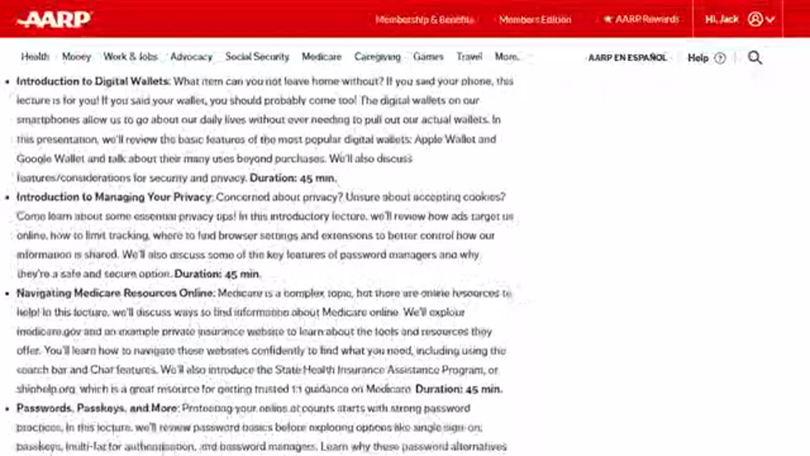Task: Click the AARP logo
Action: (x=54, y=19)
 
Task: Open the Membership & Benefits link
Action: (x=424, y=20)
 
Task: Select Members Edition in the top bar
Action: (x=535, y=20)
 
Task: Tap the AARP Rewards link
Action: (x=641, y=20)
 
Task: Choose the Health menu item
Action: (x=35, y=56)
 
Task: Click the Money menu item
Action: (x=77, y=56)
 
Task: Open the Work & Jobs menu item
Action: (x=130, y=56)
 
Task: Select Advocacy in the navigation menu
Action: (x=191, y=56)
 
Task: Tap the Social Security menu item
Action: (x=257, y=56)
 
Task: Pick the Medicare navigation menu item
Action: (x=321, y=56)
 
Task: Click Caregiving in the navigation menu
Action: (x=377, y=56)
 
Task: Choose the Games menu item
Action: (x=428, y=56)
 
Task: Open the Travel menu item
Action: (x=470, y=56)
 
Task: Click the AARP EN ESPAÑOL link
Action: (x=627, y=58)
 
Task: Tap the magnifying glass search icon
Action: (x=755, y=58)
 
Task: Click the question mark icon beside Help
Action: (x=720, y=58)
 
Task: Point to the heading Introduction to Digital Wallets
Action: (x=92, y=81)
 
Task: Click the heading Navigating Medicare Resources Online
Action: (x=116, y=293)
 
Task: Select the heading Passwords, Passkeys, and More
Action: (x=97, y=408)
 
